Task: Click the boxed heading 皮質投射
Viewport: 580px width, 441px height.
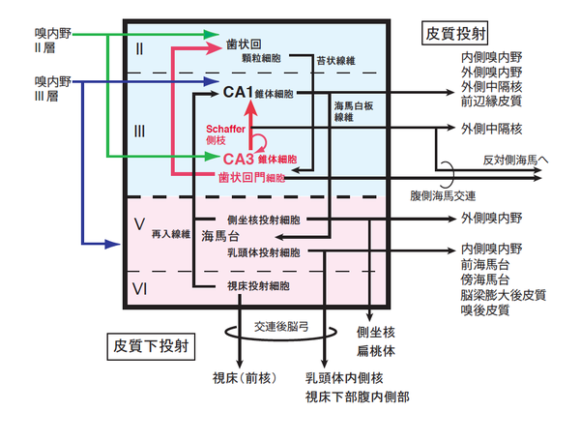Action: tap(457, 33)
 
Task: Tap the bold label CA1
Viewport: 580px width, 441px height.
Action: tap(238, 93)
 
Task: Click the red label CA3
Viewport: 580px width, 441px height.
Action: tap(238, 159)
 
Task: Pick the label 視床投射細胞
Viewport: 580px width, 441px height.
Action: tap(256, 285)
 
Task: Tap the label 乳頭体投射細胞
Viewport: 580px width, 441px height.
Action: tap(261, 252)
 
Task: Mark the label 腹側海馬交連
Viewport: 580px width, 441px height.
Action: tap(442, 194)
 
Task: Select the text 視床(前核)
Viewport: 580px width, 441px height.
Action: tap(242, 378)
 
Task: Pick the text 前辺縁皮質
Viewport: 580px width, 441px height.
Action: tap(492, 100)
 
